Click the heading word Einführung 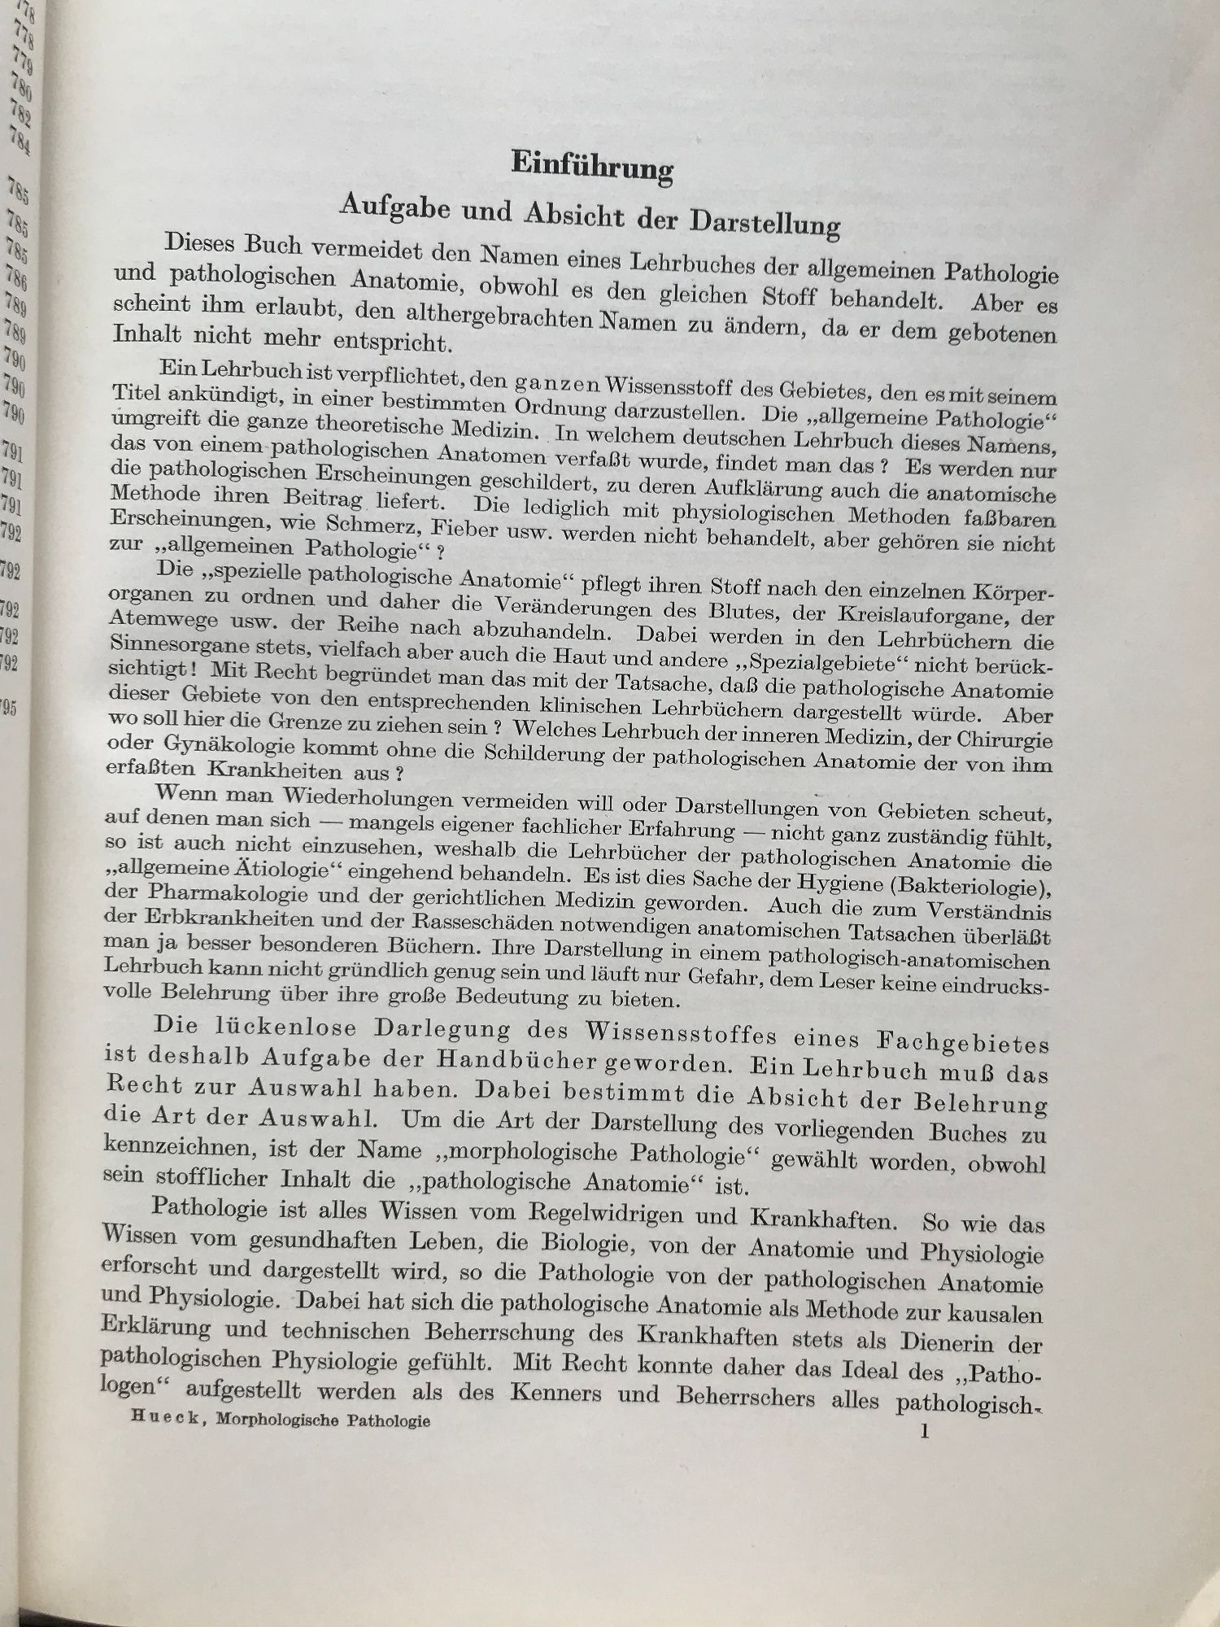(x=591, y=166)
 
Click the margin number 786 (x=18, y=280)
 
